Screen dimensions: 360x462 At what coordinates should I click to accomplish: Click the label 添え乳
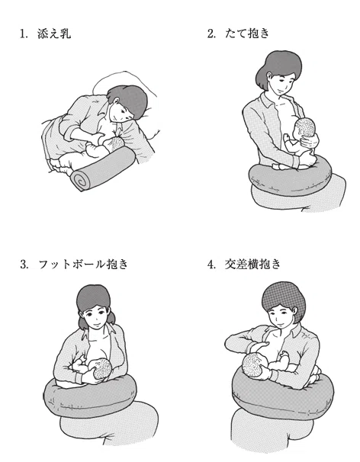coord(54,34)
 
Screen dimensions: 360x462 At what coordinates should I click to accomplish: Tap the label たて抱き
coord(247,33)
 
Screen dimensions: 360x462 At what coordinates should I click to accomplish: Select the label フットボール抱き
coord(83,264)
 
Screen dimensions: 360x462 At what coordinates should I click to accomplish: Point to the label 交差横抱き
coord(252,264)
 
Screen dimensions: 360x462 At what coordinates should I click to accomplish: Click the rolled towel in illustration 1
coord(103,168)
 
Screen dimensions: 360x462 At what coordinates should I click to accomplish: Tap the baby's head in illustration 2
coord(305,129)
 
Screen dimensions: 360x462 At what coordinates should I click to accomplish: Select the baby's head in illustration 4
coord(254,365)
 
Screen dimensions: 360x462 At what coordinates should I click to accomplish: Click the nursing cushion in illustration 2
coord(291,178)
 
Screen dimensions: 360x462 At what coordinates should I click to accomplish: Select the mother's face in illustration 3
coord(95,316)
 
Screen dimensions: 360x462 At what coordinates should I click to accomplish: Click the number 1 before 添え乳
coord(22,34)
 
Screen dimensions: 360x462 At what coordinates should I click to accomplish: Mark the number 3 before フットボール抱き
coord(24,265)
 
